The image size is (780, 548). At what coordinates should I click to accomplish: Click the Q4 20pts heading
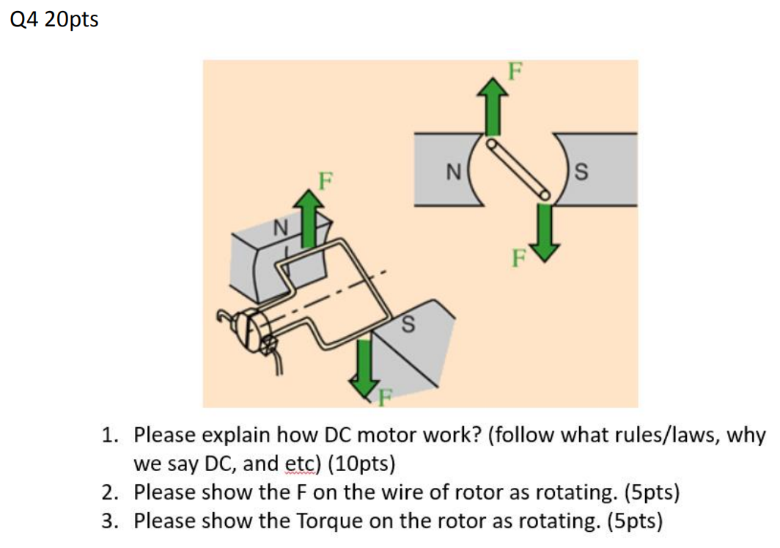(54, 20)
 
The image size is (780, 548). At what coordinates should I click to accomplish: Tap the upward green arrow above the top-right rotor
(493, 106)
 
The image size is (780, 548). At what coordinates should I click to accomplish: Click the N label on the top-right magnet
(454, 172)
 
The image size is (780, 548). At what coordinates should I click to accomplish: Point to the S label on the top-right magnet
(581, 172)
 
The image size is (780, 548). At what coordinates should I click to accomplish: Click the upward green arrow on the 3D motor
(309, 219)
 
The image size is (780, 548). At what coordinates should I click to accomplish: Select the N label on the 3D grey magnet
(281, 228)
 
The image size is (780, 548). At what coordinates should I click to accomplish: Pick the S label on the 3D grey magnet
(408, 324)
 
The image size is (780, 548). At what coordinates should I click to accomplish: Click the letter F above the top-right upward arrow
(515, 71)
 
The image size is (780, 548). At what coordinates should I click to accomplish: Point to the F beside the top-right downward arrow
(519, 258)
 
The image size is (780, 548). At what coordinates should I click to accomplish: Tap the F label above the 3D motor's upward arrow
(325, 180)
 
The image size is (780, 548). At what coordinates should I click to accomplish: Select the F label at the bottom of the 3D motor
(385, 398)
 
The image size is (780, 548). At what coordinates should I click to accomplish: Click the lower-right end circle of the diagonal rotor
(545, 194)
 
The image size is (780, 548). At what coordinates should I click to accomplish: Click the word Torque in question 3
(331, 522)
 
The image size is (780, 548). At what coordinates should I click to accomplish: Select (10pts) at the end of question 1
(361, 464)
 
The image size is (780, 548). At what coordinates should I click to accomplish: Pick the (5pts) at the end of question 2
(652, 493)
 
